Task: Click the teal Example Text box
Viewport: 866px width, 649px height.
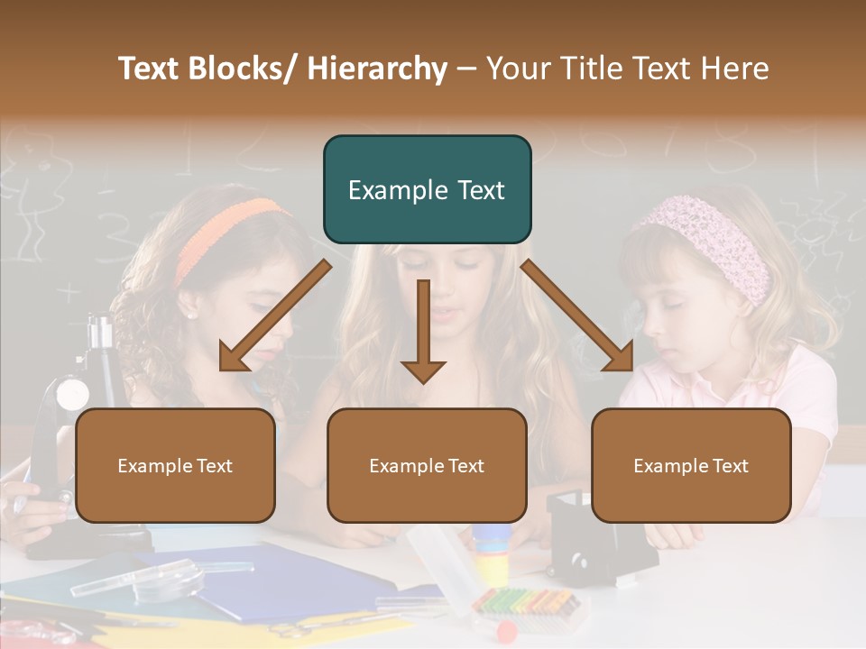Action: (x=427, y=189)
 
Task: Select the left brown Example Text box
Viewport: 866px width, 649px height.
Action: (x=175, y=465)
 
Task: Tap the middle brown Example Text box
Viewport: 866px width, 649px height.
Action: (x=427, y=465)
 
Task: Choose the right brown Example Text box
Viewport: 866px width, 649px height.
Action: (x=691, y=465)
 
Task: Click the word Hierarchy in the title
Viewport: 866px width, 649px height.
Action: (x=377, y=69)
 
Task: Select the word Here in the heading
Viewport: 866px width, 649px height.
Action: (x=737, y=69)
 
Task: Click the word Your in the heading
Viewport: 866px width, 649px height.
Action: (x=521, y=69)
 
